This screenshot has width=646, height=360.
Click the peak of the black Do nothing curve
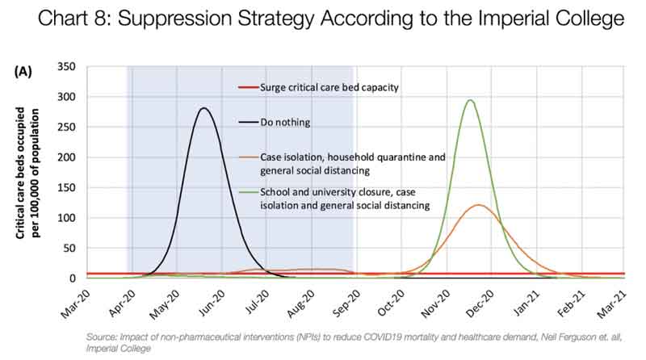tap(203, 108)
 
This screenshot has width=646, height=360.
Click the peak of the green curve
tap(469, 100)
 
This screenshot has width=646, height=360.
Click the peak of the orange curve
tap(479, 205)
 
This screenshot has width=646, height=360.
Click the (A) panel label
tap(23, 71)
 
